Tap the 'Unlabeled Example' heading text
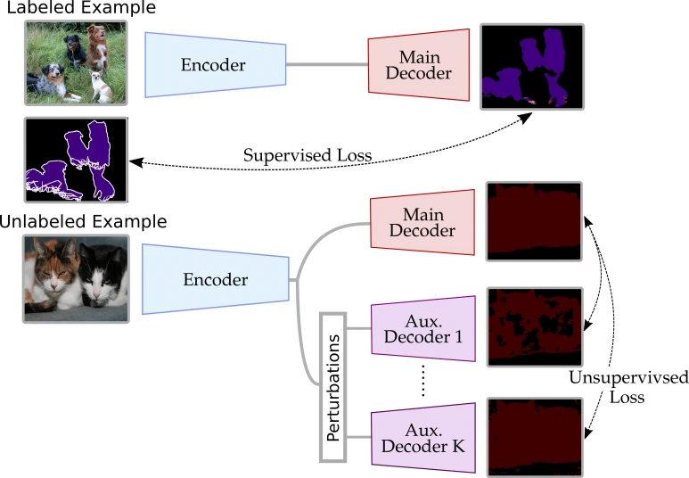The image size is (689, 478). point(83,220)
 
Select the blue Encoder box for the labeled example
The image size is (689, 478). point(214,64)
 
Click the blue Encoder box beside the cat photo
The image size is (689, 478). point(215,279)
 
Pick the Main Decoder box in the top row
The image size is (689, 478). point(419,65)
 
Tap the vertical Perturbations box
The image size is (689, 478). point(332,387)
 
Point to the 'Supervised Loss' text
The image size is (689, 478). point(307,155)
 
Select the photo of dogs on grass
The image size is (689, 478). point(76,62)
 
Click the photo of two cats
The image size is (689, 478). point(76,277)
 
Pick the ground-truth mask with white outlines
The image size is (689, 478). point(76,160)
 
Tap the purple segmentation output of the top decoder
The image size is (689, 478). point(532,66)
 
